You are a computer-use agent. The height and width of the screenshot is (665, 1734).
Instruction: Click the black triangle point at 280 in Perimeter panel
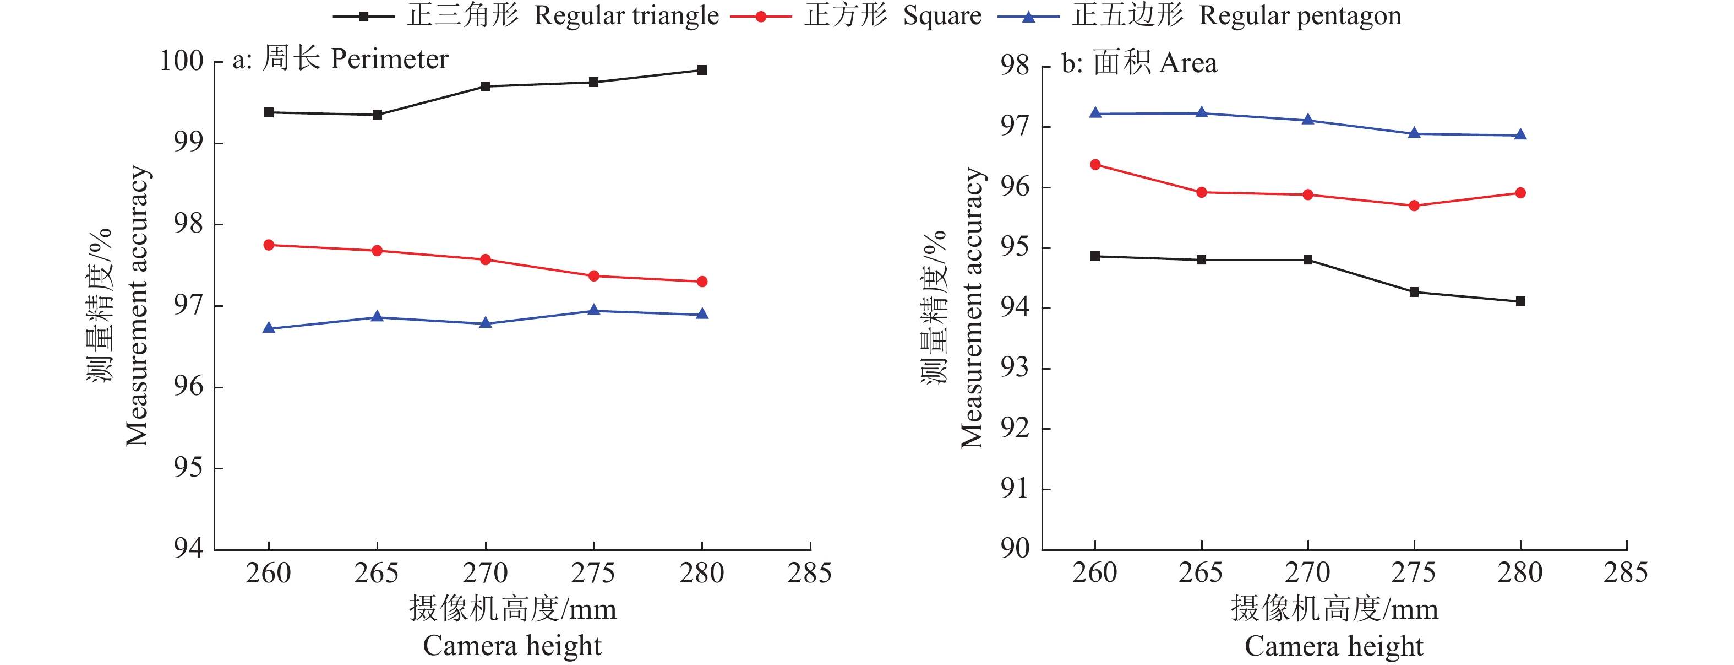pyautogui.click(x=702, y=70)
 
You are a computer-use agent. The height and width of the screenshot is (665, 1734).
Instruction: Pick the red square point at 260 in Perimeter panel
pyautogui.click(x=269, y=245)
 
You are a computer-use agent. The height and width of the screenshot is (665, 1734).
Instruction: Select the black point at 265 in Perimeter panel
pyautogui.click(x=378, y=115)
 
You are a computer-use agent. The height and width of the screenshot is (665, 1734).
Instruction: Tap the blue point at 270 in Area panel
pyautogui.click(x=1308, y=120)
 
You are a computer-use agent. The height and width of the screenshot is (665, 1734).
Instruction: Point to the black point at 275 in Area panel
pyautogui.click(x=1414, y=293)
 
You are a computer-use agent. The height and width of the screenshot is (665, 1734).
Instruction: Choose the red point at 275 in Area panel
pyautogui.click(x=1414, y=206)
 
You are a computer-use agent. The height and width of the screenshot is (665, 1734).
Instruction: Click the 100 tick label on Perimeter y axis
pyautogui.click(x=181, y=61)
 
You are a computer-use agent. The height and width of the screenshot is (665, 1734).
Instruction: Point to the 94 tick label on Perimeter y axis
pyautogui.click(x=188, y=548)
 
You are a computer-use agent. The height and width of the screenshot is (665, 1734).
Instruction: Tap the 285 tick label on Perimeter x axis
pyautogui.click(x=810, y=574)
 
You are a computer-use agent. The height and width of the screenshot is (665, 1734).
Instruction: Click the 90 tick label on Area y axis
pyautogui.click(x=1015, y=548)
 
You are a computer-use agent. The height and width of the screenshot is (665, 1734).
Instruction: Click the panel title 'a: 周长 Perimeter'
pyautogui.click(x=341, y=60)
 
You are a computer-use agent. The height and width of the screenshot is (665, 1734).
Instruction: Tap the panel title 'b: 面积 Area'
pyautogui.click(x=1139, y=63)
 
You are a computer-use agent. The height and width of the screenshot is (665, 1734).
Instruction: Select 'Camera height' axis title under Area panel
pyautogui.click(x=1333, y=646)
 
